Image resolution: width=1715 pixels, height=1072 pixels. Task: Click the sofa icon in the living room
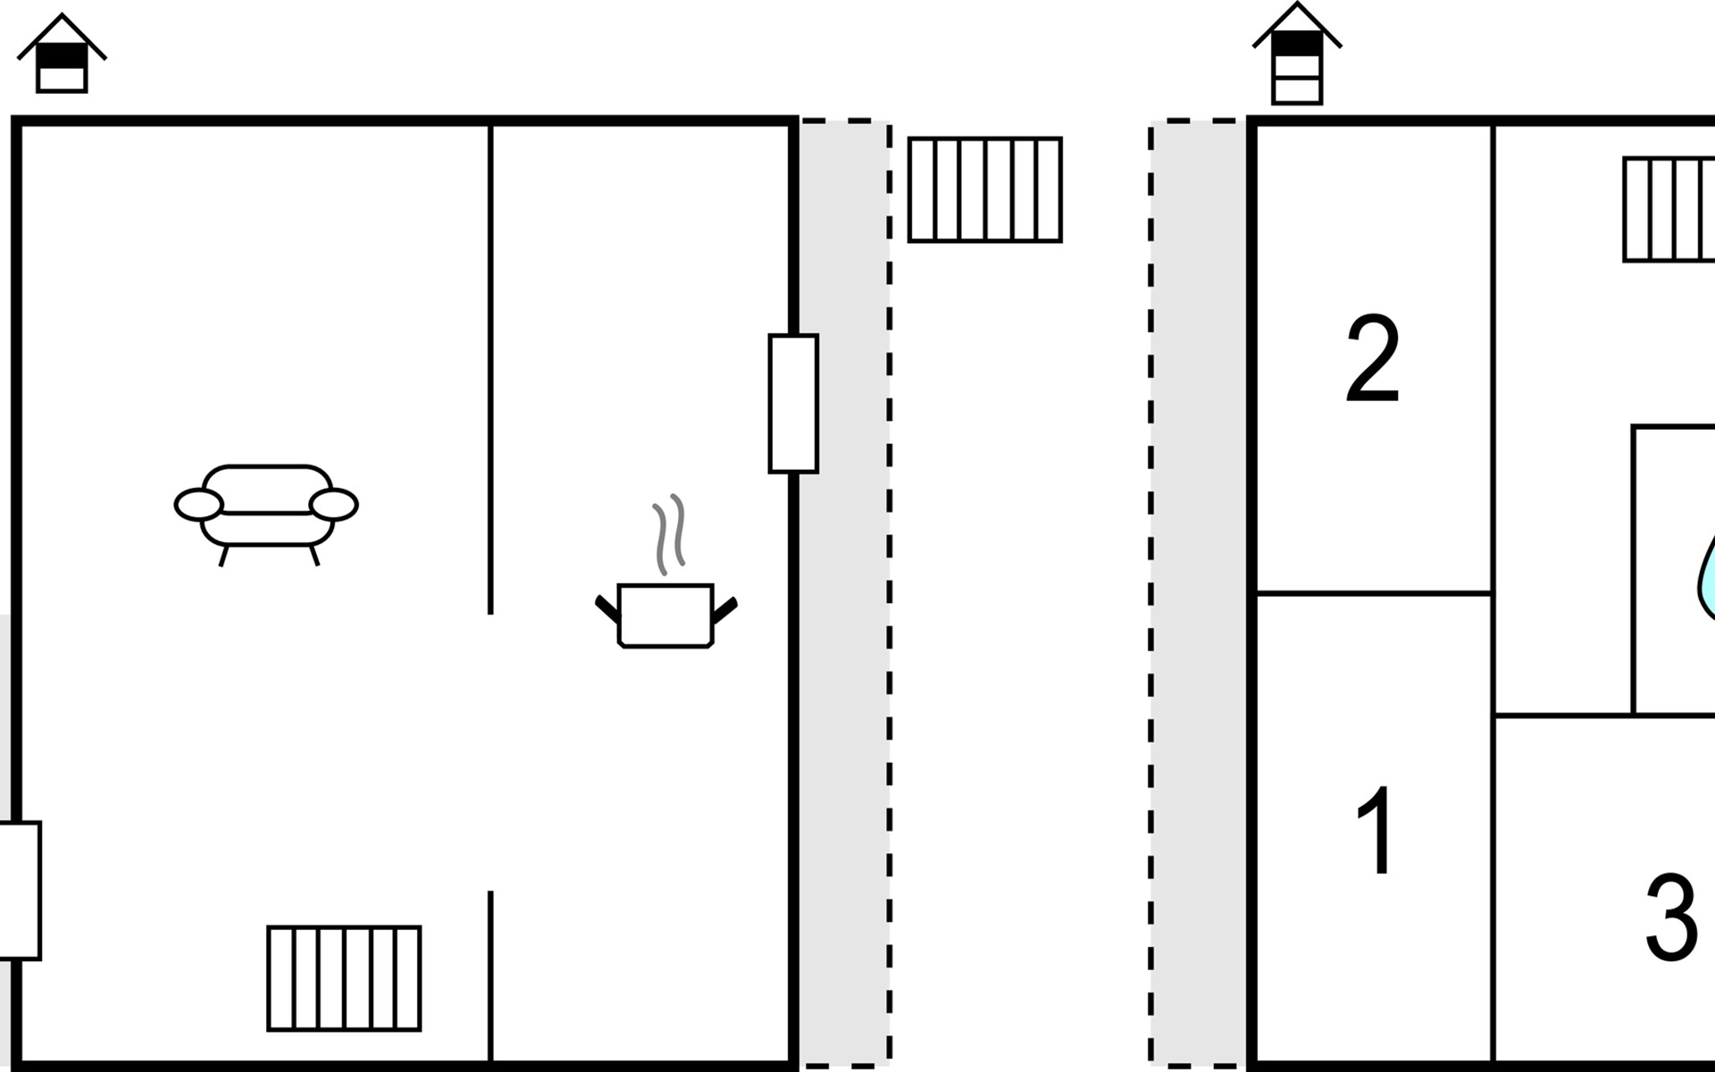[266, 515]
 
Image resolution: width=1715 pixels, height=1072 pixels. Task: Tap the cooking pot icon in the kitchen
[665, 616]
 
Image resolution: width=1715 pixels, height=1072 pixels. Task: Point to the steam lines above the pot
[669, 534]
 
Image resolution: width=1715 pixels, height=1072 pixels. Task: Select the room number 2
[1372, 357]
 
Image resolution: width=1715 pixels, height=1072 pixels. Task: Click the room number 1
[1376, 830]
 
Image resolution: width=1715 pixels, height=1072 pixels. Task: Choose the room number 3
[1671, 917]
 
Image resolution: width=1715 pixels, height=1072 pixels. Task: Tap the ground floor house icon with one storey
[62, 54]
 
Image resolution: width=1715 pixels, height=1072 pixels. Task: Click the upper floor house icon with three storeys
[1297, 54]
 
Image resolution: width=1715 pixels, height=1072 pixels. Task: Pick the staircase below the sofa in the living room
[344, 978]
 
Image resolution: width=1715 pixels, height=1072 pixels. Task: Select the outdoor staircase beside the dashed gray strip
[985, 189]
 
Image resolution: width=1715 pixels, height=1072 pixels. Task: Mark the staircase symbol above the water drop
[1669, 210]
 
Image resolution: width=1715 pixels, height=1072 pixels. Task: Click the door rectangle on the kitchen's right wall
[793, 404]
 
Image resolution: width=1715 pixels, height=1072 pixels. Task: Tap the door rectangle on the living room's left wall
[20, 891]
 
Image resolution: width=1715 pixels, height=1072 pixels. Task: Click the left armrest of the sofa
[198, 505]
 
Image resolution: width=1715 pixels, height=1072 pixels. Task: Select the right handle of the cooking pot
[724, 610]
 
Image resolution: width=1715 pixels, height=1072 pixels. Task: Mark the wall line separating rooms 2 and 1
[1374, 592]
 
